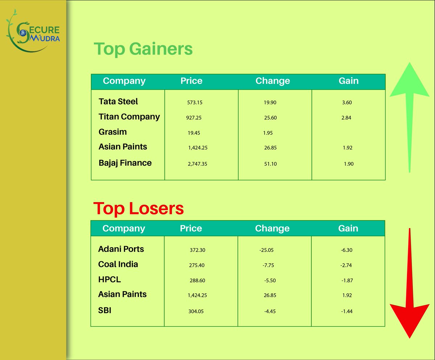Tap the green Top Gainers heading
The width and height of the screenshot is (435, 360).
[143, 49]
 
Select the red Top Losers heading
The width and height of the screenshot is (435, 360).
[138, 208]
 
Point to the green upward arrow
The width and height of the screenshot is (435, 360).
[409, 116]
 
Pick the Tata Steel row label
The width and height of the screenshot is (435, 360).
[118, 102]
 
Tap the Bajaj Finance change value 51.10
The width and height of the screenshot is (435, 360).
[270, 164]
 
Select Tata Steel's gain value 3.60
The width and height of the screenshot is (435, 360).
[347, 103]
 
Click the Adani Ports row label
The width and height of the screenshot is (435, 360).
[121, 249]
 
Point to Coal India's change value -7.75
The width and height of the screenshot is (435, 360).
[268, 265]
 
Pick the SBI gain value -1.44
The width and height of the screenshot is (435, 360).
[347, 311]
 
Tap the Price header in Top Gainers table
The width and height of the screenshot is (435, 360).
[191, 81]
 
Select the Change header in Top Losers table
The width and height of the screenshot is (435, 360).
[272, 228]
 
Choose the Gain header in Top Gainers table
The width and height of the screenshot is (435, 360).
[348, 81]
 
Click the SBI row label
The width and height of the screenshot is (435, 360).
[105, 310]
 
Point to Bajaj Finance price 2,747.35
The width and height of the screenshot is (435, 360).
[198, 164]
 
